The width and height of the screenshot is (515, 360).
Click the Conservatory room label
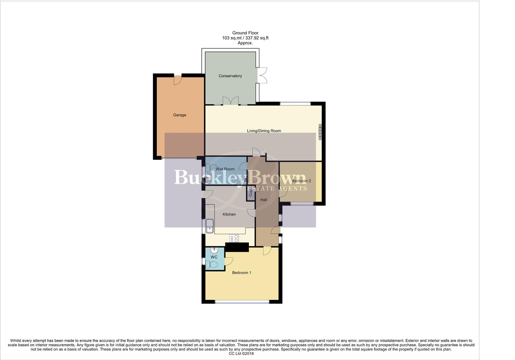[230, 76]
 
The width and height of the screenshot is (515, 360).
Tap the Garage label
[179, 115]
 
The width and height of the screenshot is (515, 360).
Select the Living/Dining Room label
[264, 131]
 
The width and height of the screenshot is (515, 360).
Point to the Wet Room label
[225, 169]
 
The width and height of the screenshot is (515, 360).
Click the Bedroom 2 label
[301, 181]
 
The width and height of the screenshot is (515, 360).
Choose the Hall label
[264, 200]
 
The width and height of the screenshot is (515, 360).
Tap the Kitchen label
[229, 214]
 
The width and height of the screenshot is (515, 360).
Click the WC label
[214, 257]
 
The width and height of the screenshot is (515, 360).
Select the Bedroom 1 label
[242, 273]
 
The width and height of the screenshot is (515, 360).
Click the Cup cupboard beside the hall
[250, 193]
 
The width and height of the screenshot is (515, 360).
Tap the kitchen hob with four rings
[234, 238]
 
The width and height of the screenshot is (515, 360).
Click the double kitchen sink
[210, 226]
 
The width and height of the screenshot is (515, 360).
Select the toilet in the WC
[211, 265]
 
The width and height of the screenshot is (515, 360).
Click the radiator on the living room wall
[320, 132]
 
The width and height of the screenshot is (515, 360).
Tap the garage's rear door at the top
[177, 80]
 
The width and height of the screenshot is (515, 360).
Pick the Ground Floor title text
[245, 33]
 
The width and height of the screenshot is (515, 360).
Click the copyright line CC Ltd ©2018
[241, 354]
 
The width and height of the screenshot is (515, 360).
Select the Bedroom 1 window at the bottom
[242, 302]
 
